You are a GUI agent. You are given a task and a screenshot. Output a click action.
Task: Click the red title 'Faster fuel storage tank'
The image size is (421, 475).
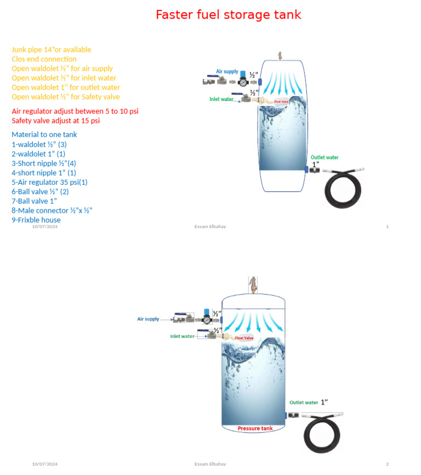click(228, 15)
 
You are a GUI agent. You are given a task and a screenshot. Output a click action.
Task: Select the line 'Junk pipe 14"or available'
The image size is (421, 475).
click(52, 50)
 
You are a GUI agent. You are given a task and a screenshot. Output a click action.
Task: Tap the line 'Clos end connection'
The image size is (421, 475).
click(44, 59)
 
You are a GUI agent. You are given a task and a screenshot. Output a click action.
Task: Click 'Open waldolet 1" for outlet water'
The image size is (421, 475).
click(66, 87)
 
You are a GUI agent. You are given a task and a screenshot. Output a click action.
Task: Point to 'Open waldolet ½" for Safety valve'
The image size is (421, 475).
click(66, 97)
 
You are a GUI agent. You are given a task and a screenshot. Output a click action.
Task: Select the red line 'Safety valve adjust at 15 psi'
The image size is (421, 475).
click(56, 121)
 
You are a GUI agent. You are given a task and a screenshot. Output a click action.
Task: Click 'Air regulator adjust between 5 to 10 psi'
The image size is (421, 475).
click(75, 111)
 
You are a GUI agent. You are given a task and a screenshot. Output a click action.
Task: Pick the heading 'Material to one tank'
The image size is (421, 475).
click(44, 135)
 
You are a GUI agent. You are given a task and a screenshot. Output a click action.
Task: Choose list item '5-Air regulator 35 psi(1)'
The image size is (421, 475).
click(49, 182)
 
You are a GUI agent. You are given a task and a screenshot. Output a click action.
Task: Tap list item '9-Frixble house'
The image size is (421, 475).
click(36, 220)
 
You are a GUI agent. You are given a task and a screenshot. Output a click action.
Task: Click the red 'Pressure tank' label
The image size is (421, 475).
click(255, 428)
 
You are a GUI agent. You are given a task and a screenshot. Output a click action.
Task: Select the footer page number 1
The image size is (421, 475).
click(388, 227)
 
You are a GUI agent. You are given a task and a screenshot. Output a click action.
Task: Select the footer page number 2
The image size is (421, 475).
click(387, 464)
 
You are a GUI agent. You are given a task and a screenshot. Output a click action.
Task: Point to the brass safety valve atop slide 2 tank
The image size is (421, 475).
click(253, 284)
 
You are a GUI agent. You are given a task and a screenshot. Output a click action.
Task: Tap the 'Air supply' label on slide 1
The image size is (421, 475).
click(227, 72)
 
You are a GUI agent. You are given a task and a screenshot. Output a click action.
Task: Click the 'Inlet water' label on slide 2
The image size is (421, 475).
click(182, 336)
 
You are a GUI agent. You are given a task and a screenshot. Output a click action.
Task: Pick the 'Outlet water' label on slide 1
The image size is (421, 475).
click(325, 157)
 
